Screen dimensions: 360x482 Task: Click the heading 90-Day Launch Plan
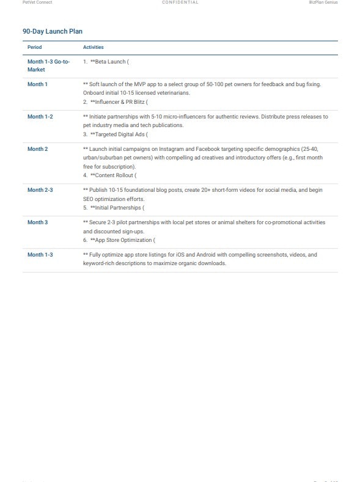click(53, 31)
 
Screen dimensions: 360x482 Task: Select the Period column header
click(35, 47)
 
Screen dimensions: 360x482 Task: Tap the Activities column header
click(94, 47)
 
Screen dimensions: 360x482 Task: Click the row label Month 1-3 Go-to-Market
click(48, 65)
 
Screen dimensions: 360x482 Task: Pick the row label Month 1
click(37, 84)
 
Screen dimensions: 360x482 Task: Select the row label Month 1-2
click(40, 117)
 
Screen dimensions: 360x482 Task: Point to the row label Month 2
click(37, 149)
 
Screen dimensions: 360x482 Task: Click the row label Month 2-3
click(40, 190)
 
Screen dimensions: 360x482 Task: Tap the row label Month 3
click(37, 222)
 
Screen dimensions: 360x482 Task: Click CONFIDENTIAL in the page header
click(180, 2)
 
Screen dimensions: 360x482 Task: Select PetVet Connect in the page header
click(37, 2)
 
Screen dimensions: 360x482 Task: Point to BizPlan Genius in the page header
click(323, 2)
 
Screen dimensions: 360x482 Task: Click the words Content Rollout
click(114, 175)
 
